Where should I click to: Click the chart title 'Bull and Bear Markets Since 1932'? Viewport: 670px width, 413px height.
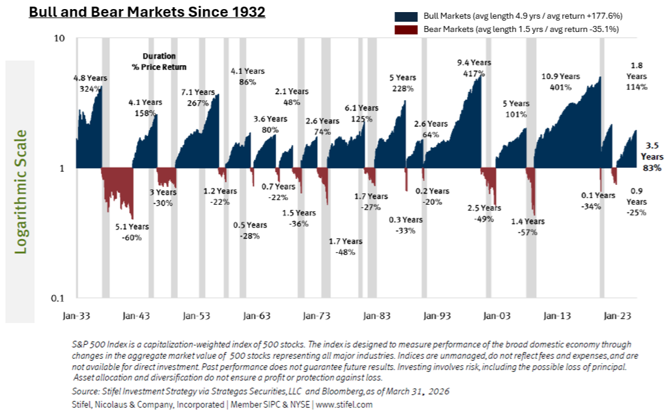click(x=147, y=12)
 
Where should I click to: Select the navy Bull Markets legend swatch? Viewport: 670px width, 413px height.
click(x=408, y=16)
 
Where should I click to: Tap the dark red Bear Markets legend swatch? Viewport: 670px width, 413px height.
click(x=408, y=28)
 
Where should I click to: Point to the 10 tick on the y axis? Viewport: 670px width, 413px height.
click(x=59, y=39)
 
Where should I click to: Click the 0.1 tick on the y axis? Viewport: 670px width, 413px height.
click(x=57, y=299)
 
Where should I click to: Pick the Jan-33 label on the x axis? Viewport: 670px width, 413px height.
click(x=77, y=315)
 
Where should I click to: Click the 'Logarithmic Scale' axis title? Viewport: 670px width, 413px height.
click(x=21, y=191)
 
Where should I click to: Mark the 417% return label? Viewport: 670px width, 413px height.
click(x=475, y=74)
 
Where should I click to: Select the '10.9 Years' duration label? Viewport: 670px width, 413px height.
click(x=560, y=77)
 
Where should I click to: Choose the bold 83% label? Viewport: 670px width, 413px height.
click(x=652, y=168)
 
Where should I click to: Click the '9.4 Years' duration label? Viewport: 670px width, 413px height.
click(x=473, y=63)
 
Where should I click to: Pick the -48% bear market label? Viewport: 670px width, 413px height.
click(x=345, y=252)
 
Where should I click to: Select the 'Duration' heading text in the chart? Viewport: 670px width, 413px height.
click(x=159, y=56)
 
